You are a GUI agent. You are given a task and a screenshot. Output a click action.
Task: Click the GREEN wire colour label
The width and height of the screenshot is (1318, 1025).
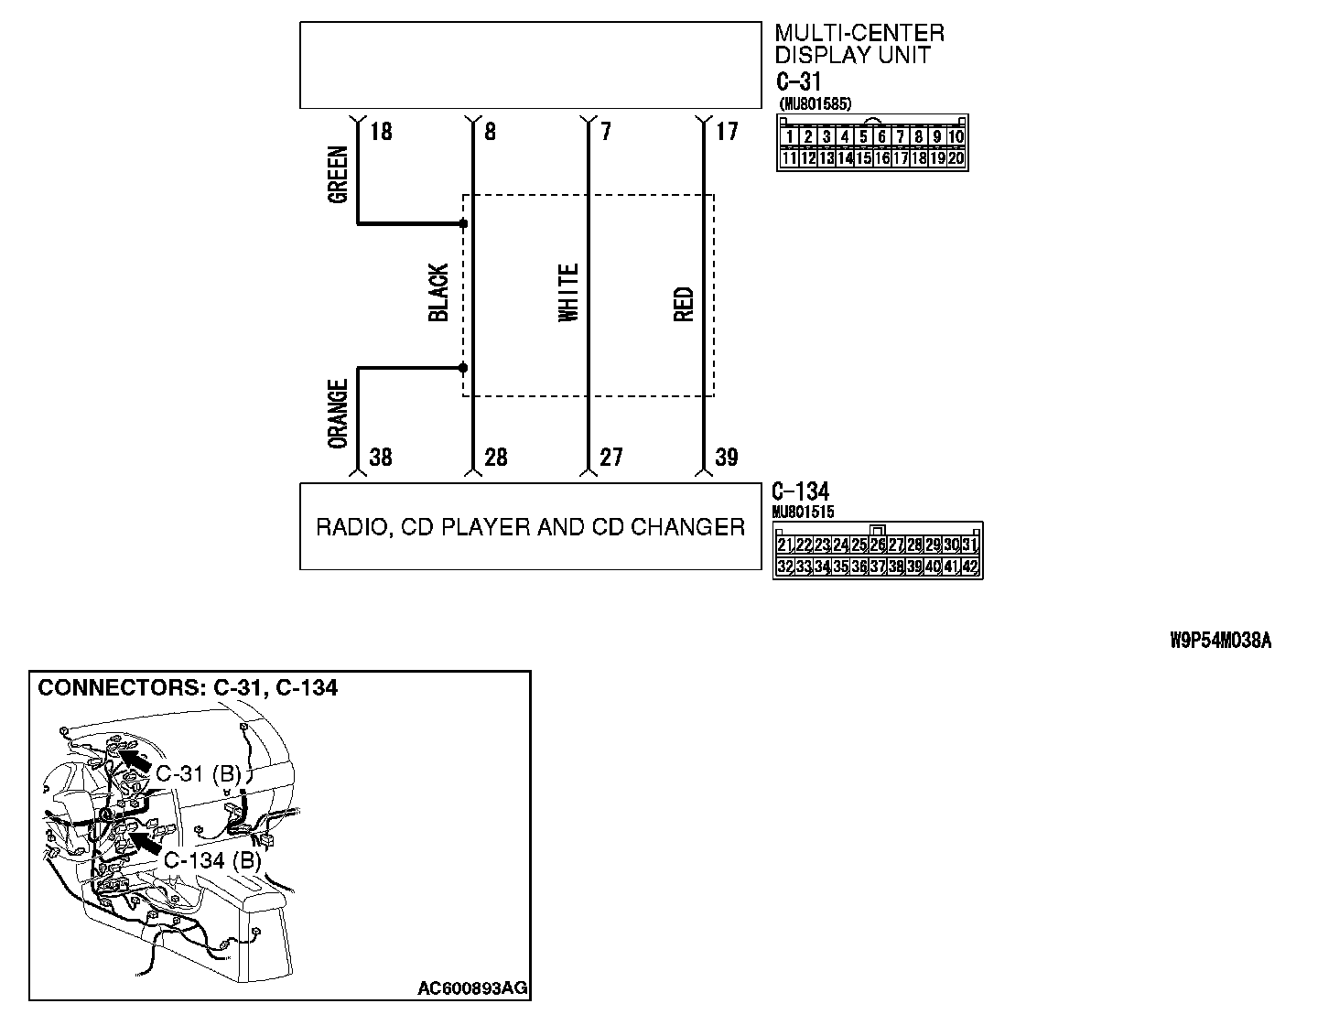tap(337, 174)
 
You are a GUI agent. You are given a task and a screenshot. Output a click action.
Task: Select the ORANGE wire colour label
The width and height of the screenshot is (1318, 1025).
tap(338, 415)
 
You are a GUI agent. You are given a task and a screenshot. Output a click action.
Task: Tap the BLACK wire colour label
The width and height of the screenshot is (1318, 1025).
tap(438, 293)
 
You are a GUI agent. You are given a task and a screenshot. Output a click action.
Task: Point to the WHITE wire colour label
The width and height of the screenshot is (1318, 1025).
tap(568, 293)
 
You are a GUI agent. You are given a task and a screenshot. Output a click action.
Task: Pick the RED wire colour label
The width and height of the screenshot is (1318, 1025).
tap(684, 305)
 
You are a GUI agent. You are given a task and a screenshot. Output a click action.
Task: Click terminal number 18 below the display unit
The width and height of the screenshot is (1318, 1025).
tap(381, 133)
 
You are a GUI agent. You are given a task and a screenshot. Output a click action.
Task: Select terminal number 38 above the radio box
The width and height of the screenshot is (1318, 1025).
tap(380, 457)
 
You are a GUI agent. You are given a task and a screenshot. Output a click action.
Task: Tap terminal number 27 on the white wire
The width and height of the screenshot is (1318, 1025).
tap(610, 457)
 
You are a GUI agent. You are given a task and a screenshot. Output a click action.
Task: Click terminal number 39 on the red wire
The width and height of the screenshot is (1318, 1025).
tap(726, 457)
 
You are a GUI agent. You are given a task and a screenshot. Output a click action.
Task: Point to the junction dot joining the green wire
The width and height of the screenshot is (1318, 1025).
tap(463, 223)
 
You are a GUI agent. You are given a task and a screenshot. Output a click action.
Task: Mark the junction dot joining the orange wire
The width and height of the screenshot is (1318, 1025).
tap(463, 368)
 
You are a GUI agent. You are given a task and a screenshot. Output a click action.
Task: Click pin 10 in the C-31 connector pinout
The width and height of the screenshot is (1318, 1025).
tap(956, 137)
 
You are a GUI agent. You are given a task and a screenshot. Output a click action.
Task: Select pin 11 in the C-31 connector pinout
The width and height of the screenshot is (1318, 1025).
tap(788, 158)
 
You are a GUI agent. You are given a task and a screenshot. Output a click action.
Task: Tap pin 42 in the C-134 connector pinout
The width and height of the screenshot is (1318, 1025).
tap(970, 567)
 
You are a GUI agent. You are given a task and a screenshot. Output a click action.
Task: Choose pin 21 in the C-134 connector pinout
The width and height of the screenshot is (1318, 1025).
tap(784, 545)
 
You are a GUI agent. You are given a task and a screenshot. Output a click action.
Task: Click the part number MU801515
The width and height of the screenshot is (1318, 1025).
tap(803, 512)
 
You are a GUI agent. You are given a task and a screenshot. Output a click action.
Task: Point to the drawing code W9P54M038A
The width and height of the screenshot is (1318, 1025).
tap(1220, 641)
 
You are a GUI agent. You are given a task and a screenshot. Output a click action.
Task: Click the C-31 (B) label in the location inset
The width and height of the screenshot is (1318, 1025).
tap(197, 774)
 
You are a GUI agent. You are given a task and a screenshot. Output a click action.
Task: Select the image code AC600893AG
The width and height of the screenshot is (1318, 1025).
tap(472, 988)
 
